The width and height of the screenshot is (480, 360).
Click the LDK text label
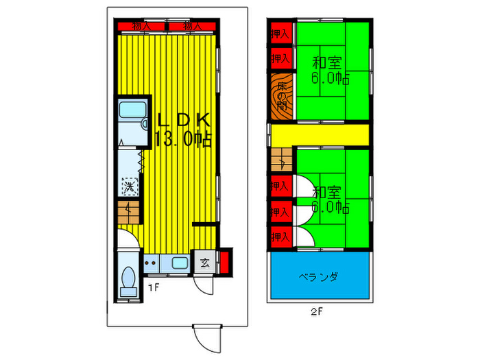tap(183, 119)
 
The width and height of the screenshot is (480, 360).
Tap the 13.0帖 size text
tap(183, 140)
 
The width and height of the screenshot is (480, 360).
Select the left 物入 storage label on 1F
tap(141, 27)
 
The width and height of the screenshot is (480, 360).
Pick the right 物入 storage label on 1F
tap(192, 27)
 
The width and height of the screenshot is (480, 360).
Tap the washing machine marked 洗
tap(129, 186)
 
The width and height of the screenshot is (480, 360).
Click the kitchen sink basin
tap(180, 263)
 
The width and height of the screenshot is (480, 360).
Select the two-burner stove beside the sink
tap(152, 263)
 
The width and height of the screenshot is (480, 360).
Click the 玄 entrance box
tap(205, 261)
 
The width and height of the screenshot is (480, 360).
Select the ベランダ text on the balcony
tap(319, 277)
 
